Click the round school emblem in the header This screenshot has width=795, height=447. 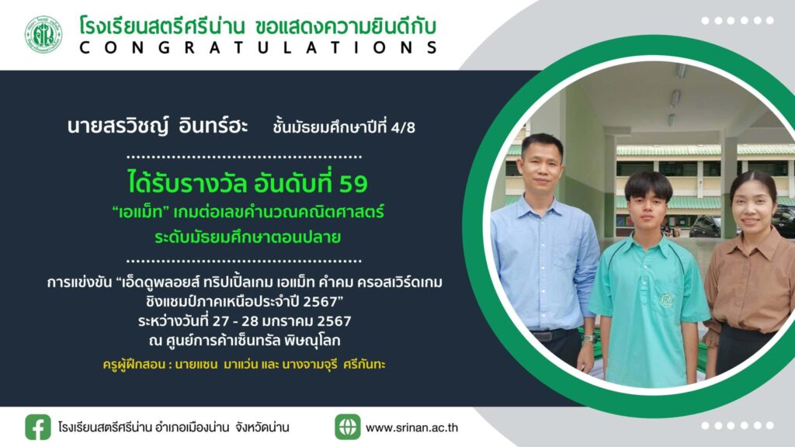tap(44, 34)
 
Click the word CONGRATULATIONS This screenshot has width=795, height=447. tap(258, 48)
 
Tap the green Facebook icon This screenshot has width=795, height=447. tap(38, 428)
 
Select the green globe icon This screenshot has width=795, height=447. tap(348, 427)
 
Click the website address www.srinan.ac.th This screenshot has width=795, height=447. tap(411, 428)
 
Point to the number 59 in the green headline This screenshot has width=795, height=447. tap(353, 184)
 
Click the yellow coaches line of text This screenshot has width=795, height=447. tap(244, 365)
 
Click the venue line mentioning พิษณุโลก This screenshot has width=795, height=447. tap(245, 341)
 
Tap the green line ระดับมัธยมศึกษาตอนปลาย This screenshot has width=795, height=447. tap(248, 237)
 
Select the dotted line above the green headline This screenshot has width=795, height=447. tap(244, 157)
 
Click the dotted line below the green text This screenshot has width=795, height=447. tap(244, 261)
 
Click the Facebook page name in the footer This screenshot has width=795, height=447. tap(173, 428)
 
